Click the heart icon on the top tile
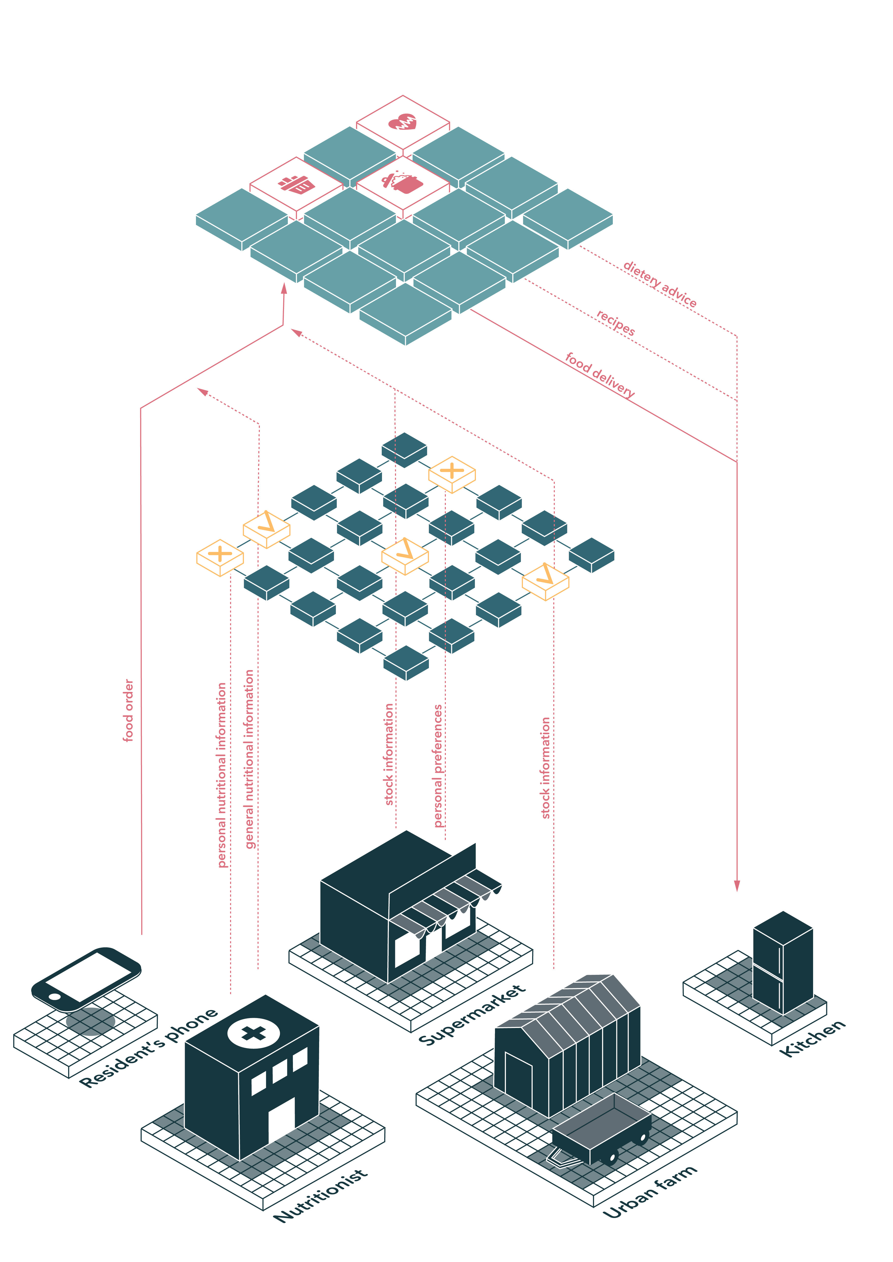[x=403, y=122]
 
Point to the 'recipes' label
[x=616, y=323]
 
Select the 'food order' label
[x=128, y=710]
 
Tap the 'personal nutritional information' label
[x=222, y=775]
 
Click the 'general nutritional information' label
[x=250, y=759]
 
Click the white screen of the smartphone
[x=88, y=976]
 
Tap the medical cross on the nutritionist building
[x=253, y=1033]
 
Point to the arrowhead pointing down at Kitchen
[x=737, y=885]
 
